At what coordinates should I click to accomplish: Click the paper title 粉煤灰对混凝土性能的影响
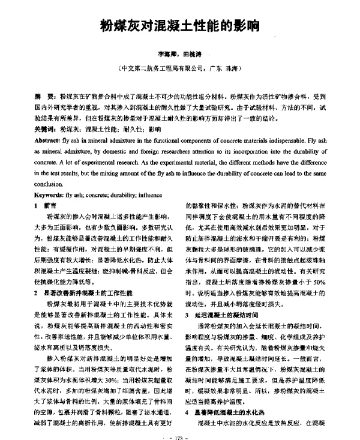pos(179,26)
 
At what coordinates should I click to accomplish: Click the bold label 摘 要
pos(42,96)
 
